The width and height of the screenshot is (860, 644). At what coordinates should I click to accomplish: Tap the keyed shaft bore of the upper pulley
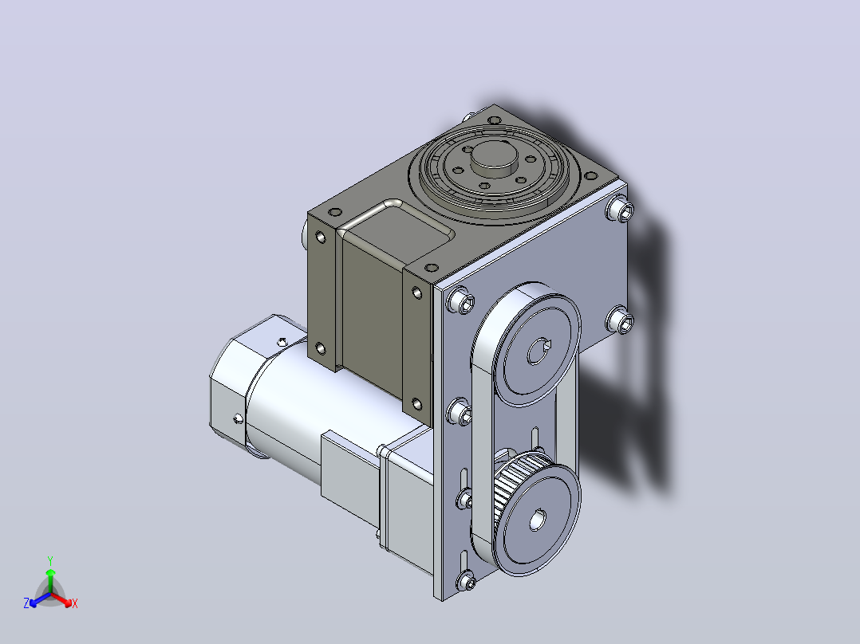click(538, 351)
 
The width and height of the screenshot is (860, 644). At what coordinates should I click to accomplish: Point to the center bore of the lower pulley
click(538, 520)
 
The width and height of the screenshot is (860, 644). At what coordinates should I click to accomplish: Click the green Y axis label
click(50, 561)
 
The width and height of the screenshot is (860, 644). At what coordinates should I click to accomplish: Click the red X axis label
click(75, 604)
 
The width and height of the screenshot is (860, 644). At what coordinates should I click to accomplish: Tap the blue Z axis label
click(26, 603)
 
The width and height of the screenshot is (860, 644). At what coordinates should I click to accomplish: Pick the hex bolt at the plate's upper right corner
click(621, 210)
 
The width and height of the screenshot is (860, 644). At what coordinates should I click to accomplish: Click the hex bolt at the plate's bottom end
click(466, 580)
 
